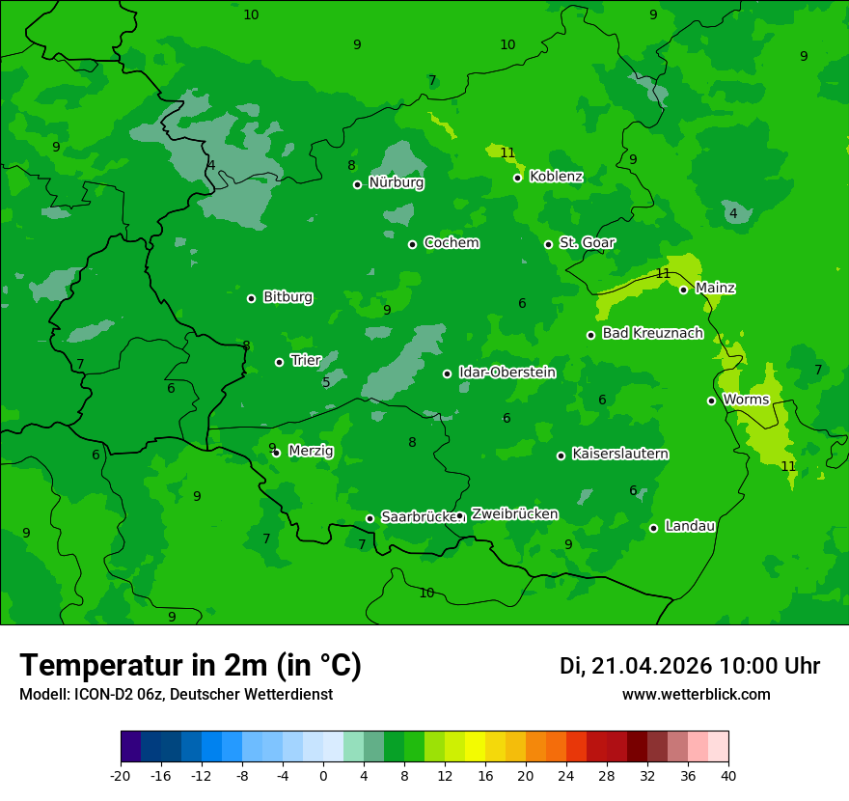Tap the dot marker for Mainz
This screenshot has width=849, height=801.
click(683, 290)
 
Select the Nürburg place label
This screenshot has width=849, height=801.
click(396, 182)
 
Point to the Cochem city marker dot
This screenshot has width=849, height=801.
click(412, 244)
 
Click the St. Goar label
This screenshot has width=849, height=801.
click(587, 243)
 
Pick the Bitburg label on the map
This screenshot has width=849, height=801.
click(288, 297)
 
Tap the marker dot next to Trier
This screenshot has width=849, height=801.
click(279, 362)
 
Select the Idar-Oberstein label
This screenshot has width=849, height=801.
click(507, 373)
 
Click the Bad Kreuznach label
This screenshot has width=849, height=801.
click(652, 334)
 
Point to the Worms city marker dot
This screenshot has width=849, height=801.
click(711, 400)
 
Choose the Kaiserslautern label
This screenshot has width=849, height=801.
click(619, 455)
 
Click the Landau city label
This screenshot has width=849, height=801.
click(690, 527)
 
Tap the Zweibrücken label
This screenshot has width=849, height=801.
click(514, 514)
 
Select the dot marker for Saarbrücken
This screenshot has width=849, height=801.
click(370, 518)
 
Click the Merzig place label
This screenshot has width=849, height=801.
click(311, 452)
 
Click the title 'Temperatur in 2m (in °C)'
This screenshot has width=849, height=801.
click(190, 666)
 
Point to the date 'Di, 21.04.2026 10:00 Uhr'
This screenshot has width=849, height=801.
click(689, 666)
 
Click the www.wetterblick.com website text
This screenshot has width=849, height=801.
click(696, 695)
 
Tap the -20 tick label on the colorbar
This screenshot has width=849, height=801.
click(121, 775)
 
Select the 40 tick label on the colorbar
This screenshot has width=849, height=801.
click(728, 775)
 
